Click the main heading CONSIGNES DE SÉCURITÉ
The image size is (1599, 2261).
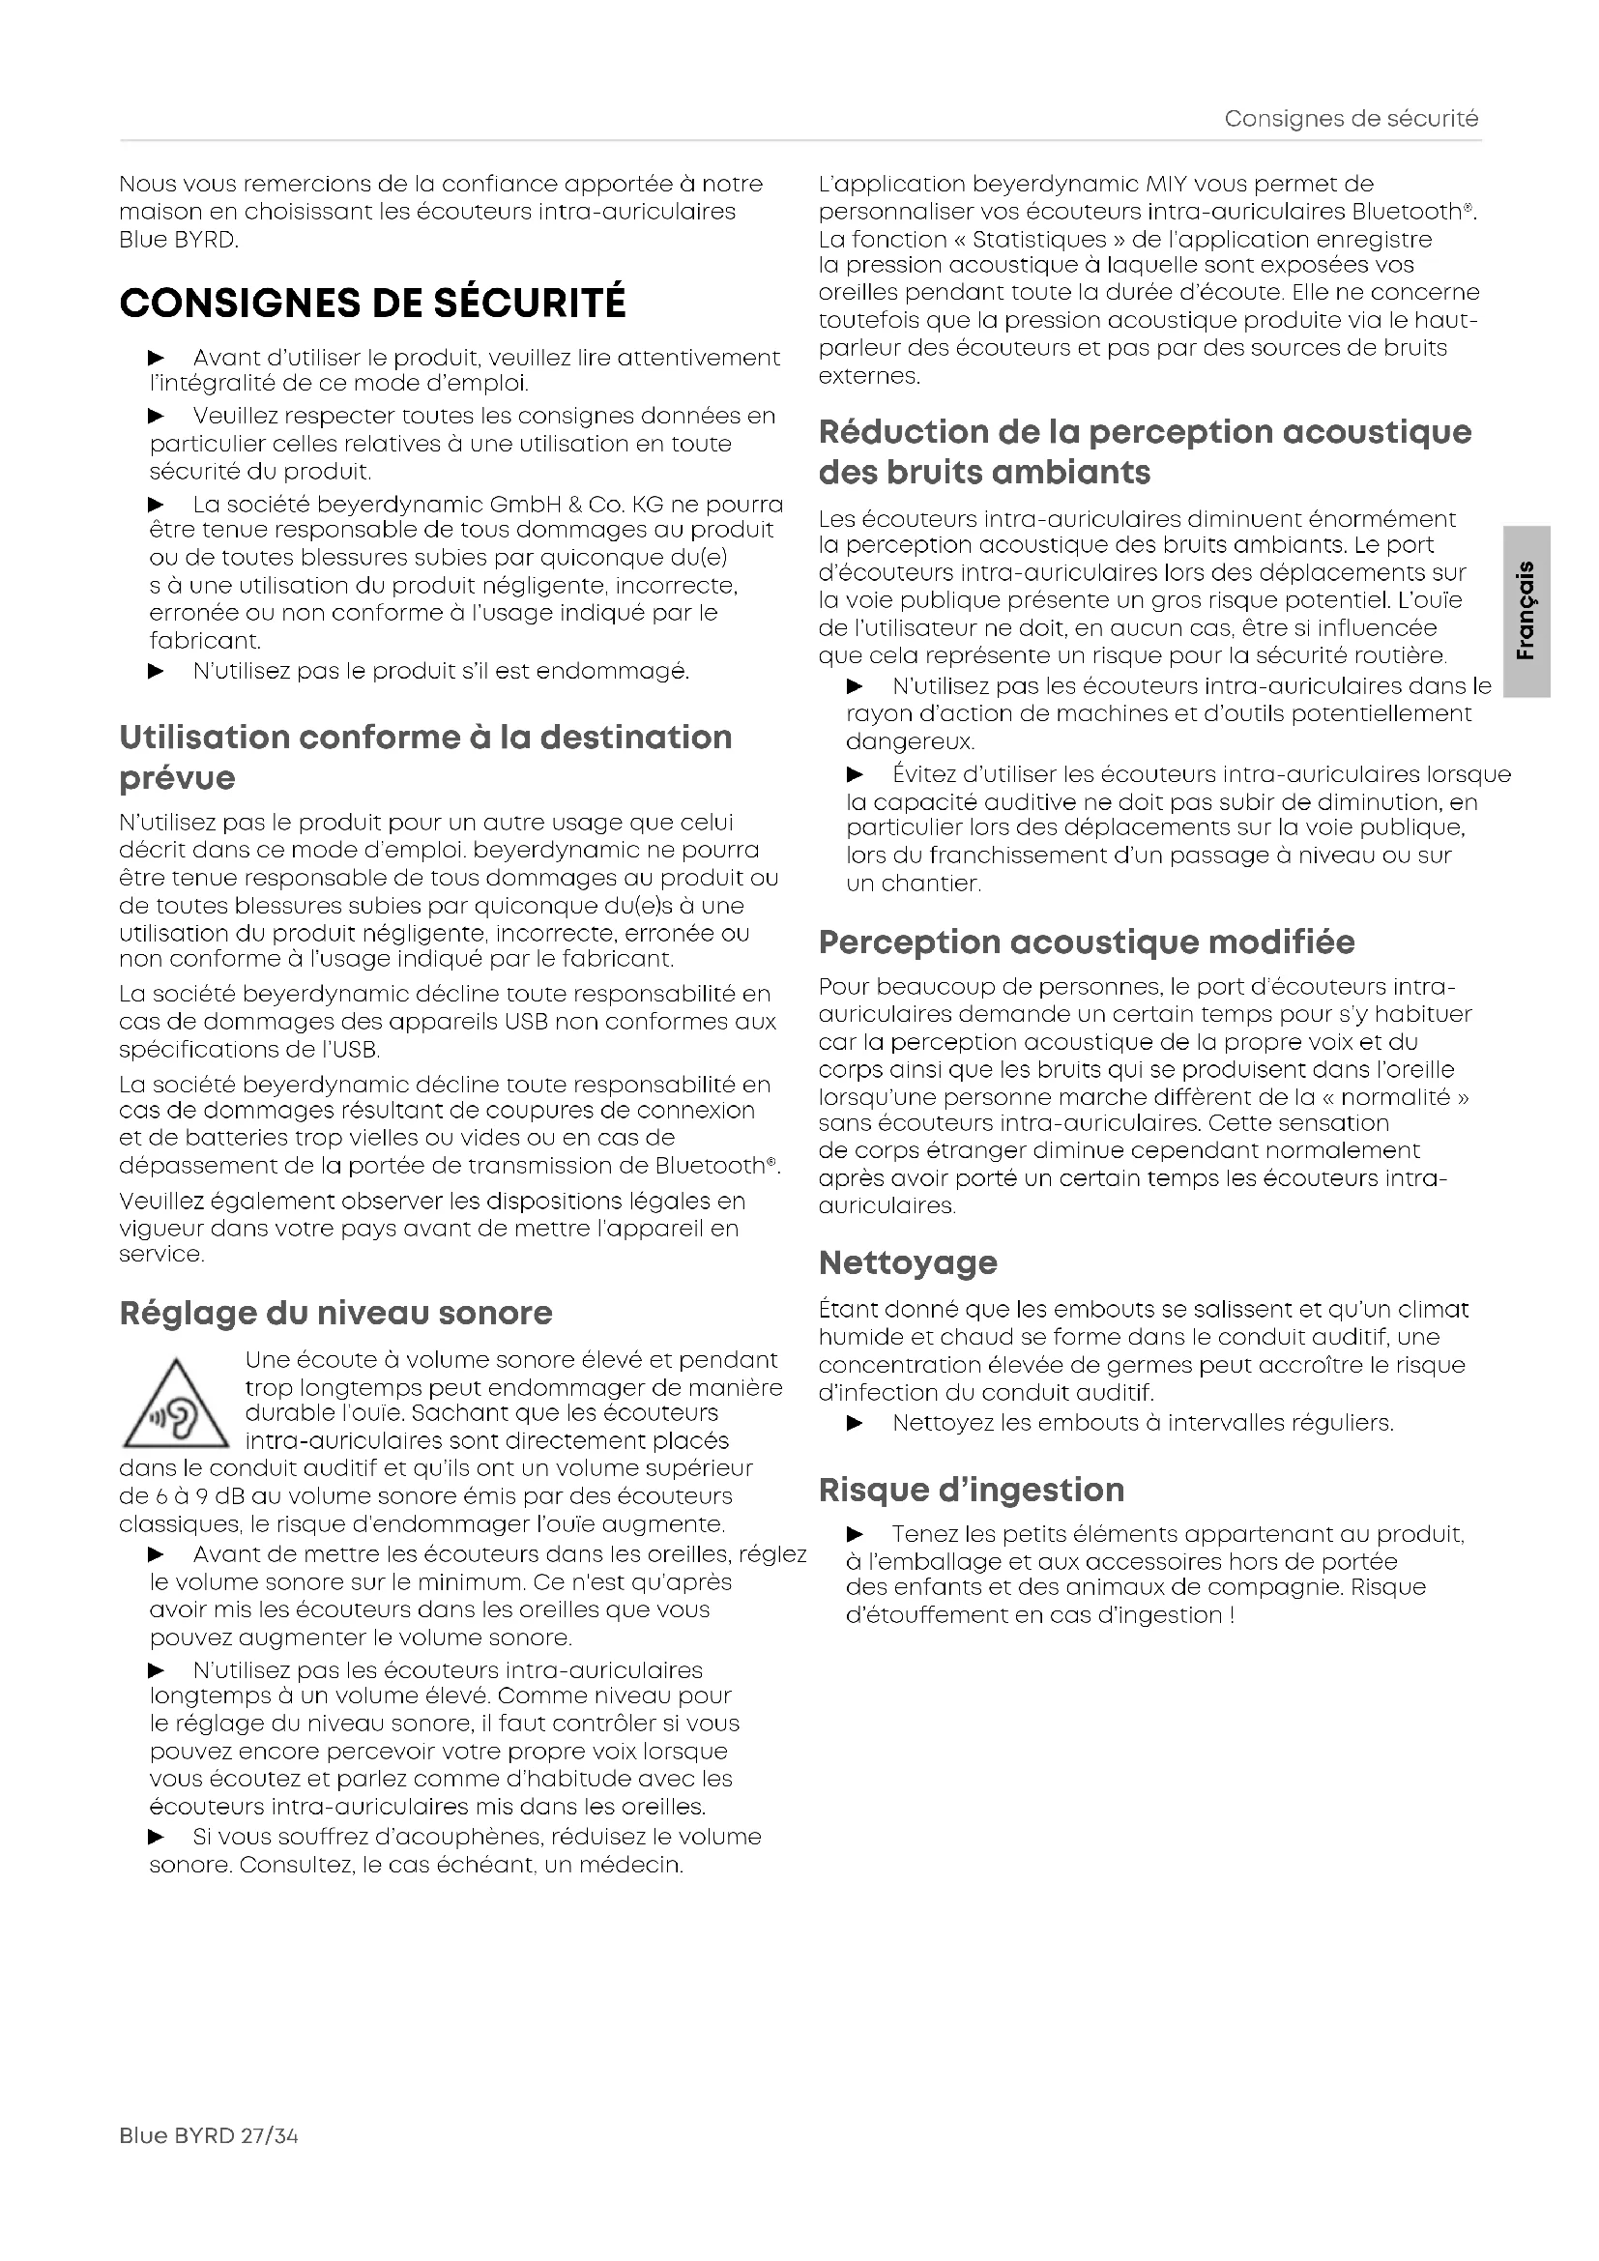[372, 303]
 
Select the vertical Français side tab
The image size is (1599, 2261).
[1527, 611]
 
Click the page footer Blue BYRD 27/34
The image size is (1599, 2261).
[208, 2135]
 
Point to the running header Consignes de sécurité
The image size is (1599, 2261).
[1351, 119]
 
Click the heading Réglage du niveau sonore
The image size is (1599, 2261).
[335, 1313]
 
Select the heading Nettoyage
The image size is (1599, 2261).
[908, 1262]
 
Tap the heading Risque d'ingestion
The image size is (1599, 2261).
[971, 1489]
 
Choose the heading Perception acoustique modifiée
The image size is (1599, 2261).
[1086, 942]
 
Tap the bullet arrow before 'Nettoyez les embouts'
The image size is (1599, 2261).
[855, 1423]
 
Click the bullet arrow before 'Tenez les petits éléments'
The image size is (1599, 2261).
[855, 1534]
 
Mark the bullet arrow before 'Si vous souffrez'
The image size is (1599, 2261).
[156, 1837]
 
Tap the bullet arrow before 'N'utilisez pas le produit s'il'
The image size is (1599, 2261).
[156, 672]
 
